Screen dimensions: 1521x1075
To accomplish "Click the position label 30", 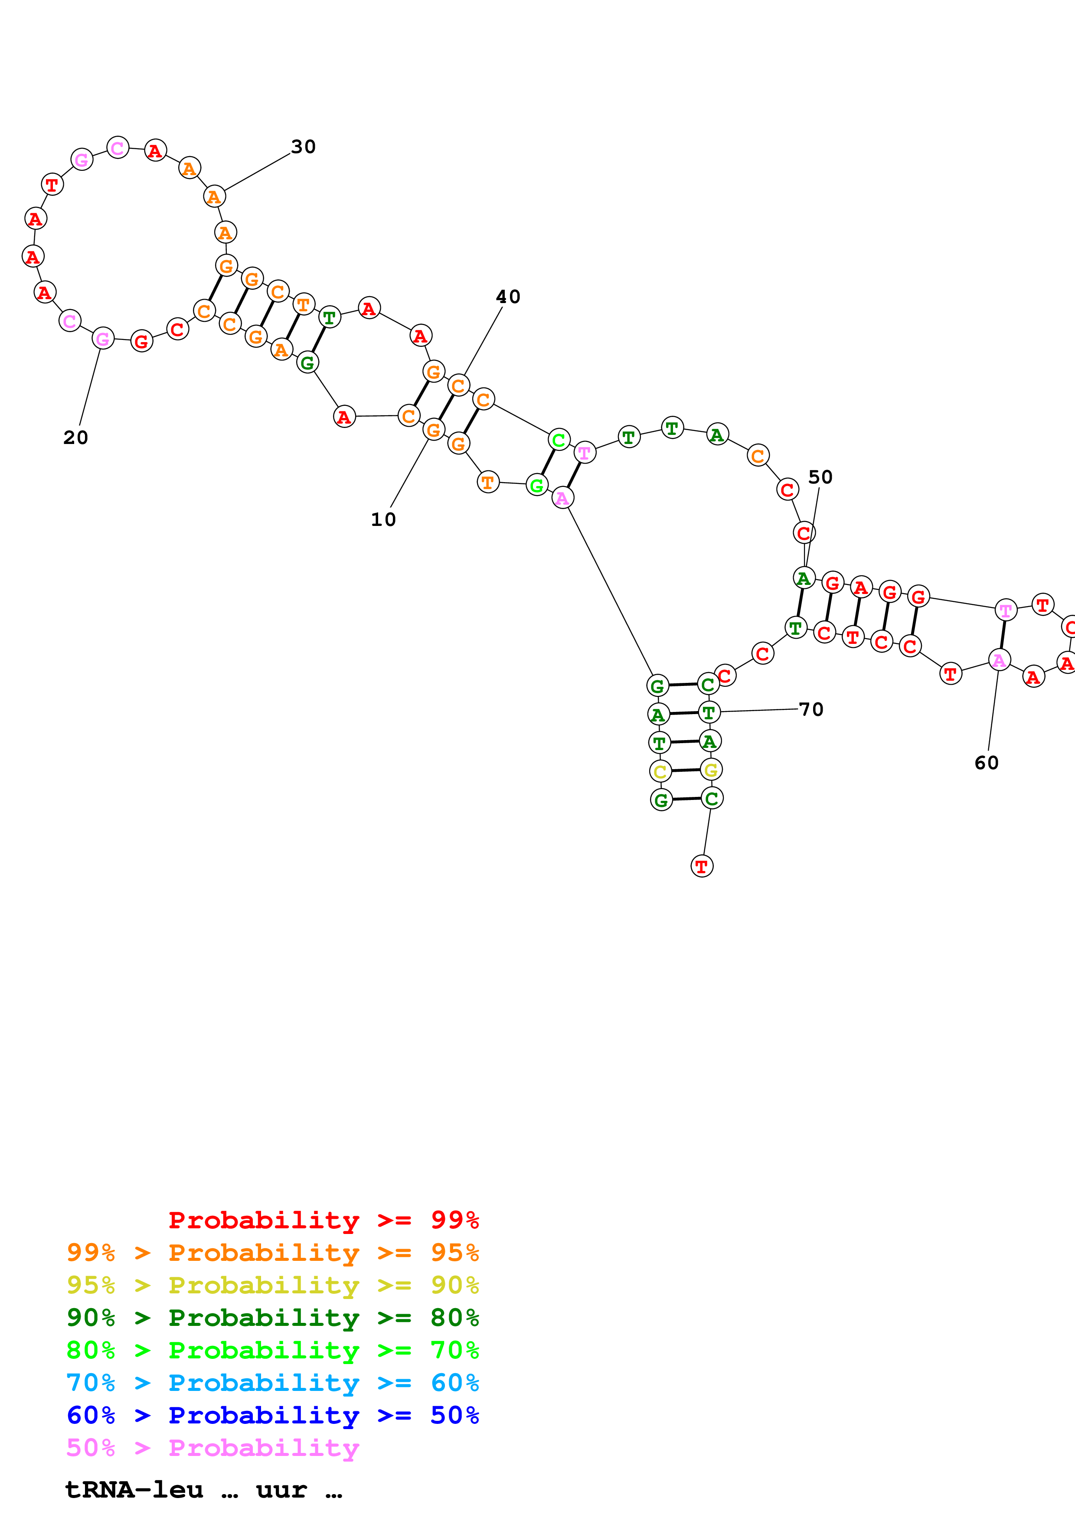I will point(304,147).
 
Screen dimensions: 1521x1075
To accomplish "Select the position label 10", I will point(383,519).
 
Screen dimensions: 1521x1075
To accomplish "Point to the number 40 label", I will point(508,297).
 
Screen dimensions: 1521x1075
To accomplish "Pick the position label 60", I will point(986,763).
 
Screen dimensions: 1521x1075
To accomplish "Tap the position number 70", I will point(811,709).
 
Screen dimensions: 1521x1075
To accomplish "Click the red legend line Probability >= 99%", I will point(323,1220).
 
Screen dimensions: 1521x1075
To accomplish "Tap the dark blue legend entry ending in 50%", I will point(272,1415).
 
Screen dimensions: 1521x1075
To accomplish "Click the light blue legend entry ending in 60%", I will point(272,1383).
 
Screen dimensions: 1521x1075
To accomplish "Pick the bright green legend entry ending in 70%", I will point(272,1350).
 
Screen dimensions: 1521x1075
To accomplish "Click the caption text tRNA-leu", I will point(134,1490).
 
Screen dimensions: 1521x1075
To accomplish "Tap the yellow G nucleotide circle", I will point(711,770).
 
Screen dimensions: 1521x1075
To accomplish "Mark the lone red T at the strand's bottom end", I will point(702,866).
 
